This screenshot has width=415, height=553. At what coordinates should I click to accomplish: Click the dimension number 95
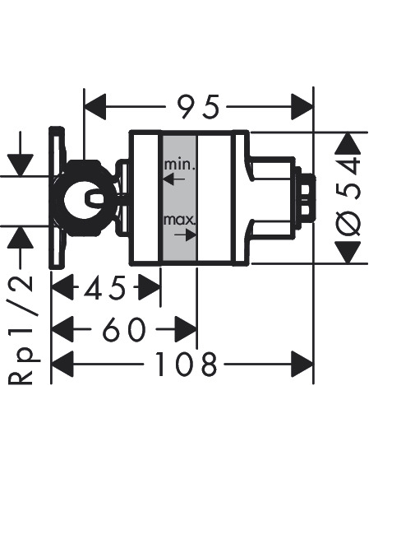198,106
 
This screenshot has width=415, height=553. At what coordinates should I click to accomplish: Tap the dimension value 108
186,364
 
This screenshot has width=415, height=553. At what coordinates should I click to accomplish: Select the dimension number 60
123,329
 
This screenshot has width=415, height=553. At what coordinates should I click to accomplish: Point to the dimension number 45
104,287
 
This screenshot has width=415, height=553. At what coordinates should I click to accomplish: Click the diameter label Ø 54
348,197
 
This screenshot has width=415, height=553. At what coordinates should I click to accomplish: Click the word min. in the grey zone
179,165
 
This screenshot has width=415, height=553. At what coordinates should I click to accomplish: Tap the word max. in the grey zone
178,221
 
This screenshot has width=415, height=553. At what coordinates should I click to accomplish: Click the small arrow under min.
173,179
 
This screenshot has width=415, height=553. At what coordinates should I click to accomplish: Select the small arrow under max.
185,235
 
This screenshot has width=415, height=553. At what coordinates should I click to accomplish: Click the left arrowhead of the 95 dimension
95,106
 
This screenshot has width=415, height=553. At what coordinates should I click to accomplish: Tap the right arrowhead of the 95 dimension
302,106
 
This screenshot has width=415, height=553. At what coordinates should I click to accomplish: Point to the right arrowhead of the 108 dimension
302,364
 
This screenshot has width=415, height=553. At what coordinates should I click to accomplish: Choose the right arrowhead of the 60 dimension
186,329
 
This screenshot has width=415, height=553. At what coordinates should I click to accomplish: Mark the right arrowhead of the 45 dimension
150,287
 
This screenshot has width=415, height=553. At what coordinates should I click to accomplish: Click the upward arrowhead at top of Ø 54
348,143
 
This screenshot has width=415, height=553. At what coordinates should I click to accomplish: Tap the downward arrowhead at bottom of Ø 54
348,253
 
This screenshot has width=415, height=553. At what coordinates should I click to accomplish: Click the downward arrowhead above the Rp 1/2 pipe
21,165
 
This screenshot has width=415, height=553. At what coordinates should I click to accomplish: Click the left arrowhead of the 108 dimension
62,364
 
